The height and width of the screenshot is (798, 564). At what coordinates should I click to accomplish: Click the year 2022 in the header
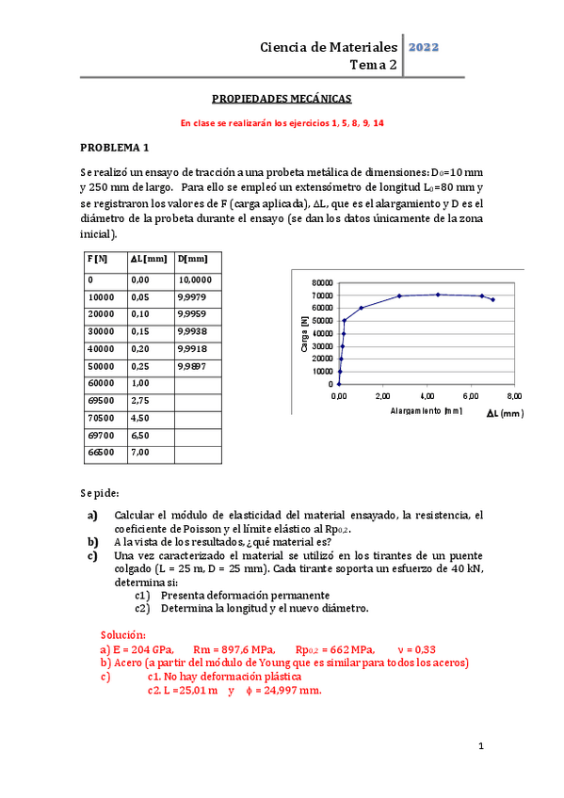[x=424, y=46]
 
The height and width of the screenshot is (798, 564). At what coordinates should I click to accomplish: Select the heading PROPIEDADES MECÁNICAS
[x=282, y=98]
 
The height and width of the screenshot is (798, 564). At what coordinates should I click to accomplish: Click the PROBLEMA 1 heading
[x=114, y=147]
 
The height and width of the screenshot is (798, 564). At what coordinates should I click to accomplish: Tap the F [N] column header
[x=97, y=259]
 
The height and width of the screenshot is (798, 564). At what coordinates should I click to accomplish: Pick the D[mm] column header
[x=192, y=259]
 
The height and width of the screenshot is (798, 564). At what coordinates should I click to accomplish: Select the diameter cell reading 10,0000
[x=195, y=279]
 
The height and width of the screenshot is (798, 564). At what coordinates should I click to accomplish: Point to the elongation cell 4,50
[x=141, y=416]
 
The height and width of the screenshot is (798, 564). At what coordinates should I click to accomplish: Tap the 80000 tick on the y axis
[x=321, y=282]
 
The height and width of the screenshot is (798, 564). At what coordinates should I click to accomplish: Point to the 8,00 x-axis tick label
[x=514, y=396]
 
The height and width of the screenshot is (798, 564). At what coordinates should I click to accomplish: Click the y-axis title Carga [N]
[x=304, y=333]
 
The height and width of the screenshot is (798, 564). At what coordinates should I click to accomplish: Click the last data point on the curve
[x=492, y=299]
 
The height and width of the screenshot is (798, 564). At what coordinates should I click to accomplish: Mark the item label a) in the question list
[x=92, y=516]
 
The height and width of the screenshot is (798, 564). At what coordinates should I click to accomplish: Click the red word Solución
[x=122, y=635]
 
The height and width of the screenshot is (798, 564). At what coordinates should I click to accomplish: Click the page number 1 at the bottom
[x=480, y=747]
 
